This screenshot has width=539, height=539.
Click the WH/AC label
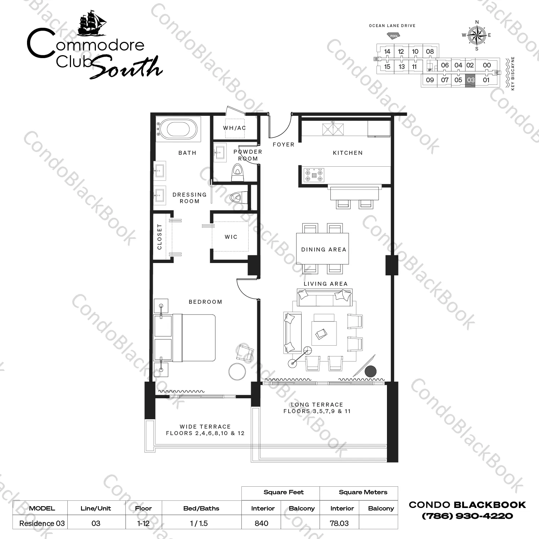tap(234, 128)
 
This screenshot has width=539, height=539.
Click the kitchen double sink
tap(333, 129)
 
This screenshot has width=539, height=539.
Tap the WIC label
tap(231, 237)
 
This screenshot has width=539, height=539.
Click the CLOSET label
tap(160, 237)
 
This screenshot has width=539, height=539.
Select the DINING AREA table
tap(323, 249)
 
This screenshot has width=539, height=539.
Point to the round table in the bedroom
tap(237, 372)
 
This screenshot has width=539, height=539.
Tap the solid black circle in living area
tap(370, 371)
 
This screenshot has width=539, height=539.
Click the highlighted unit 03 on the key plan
tap(471, 80)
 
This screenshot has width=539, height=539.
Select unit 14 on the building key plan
tap(387, 52)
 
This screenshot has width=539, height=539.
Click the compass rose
tap(477, 35)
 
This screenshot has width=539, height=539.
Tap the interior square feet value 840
tap(261, 523)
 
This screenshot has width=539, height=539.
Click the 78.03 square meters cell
tap(339, 523)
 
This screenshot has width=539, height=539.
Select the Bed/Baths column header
tap(201, 508)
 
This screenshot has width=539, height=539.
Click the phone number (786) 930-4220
tap(467, 516)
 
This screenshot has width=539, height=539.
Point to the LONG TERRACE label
tap(317, 404)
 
